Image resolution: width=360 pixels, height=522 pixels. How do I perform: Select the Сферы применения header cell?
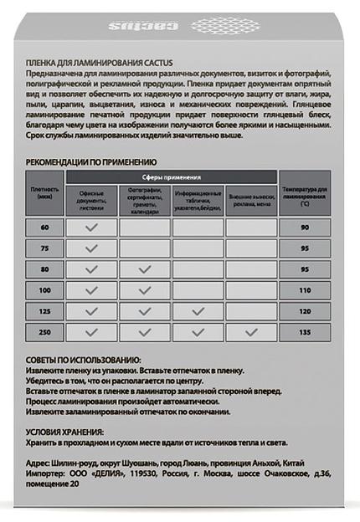[171, 177]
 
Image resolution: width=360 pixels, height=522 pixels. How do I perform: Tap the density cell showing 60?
[44, 228]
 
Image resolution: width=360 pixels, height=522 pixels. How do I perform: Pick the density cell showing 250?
[44, 332]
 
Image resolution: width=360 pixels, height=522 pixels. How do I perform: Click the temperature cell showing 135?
[306, 332]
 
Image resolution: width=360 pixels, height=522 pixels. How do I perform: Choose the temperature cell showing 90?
[306, 228]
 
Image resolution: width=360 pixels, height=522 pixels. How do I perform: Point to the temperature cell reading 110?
[306, 290]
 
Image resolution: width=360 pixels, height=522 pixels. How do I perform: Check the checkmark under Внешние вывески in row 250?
[250, 332]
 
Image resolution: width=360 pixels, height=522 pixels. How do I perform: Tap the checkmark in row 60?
[91, 228]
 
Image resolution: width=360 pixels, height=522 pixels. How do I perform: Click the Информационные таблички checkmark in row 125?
[198, 311]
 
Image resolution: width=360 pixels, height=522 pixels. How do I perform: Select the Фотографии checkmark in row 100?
[144, 290]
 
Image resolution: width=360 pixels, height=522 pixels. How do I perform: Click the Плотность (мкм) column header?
[44, 194]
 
